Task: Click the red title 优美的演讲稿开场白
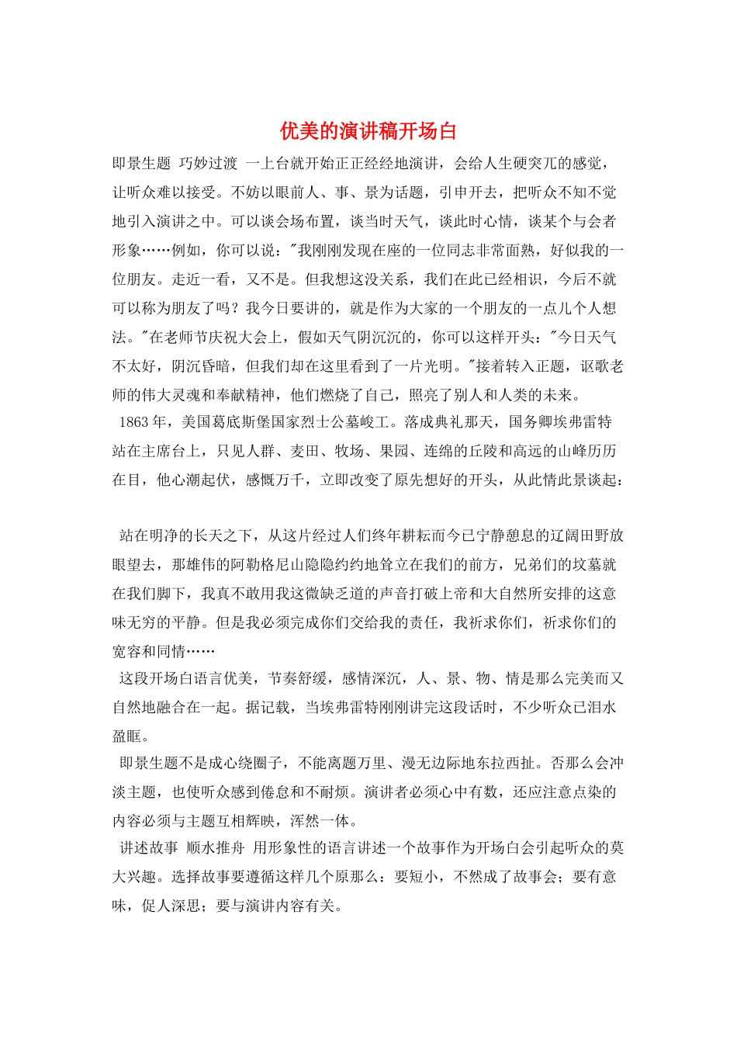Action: pyautogui.click(x=368, y=131)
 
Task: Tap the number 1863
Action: pyautogui.click(x=133, y=422)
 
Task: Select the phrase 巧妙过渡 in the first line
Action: pyautogui.click(x=208, y=163)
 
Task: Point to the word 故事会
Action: pyautogui.click(x=535, y=877)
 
